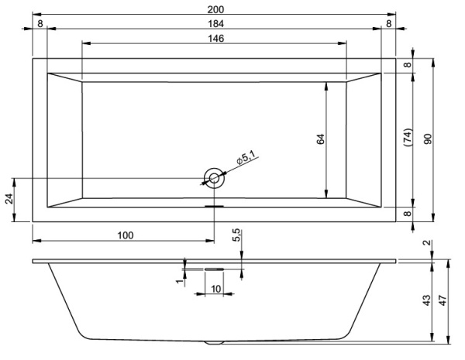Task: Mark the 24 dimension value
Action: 9,199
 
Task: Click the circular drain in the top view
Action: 213,178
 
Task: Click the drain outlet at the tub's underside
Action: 213,341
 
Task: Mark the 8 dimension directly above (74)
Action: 408,65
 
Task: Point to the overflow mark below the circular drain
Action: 213,206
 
